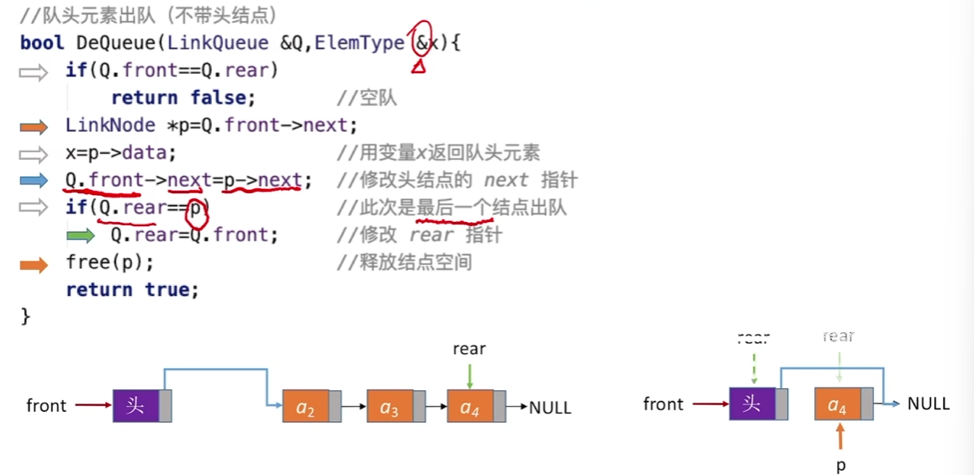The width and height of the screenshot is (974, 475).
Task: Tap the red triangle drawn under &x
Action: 418,65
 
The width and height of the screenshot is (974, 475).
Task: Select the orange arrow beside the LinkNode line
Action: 35,126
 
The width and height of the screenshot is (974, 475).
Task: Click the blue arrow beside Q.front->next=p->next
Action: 35,181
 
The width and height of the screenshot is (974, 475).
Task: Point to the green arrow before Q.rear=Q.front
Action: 81,235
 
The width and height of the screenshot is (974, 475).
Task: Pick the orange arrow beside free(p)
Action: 35,264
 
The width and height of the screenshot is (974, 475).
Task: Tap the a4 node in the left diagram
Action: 469,408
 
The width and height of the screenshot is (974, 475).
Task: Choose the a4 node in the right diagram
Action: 837,405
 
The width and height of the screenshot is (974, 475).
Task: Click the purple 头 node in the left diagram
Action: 135,406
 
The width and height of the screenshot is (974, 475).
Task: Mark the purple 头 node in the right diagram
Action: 752,404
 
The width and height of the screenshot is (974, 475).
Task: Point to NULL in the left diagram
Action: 550,409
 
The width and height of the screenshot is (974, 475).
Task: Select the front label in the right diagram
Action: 664,404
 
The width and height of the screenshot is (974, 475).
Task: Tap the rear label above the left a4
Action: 469,349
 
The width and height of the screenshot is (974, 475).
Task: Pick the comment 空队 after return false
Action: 378,98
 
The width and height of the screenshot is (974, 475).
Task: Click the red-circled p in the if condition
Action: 196,208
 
